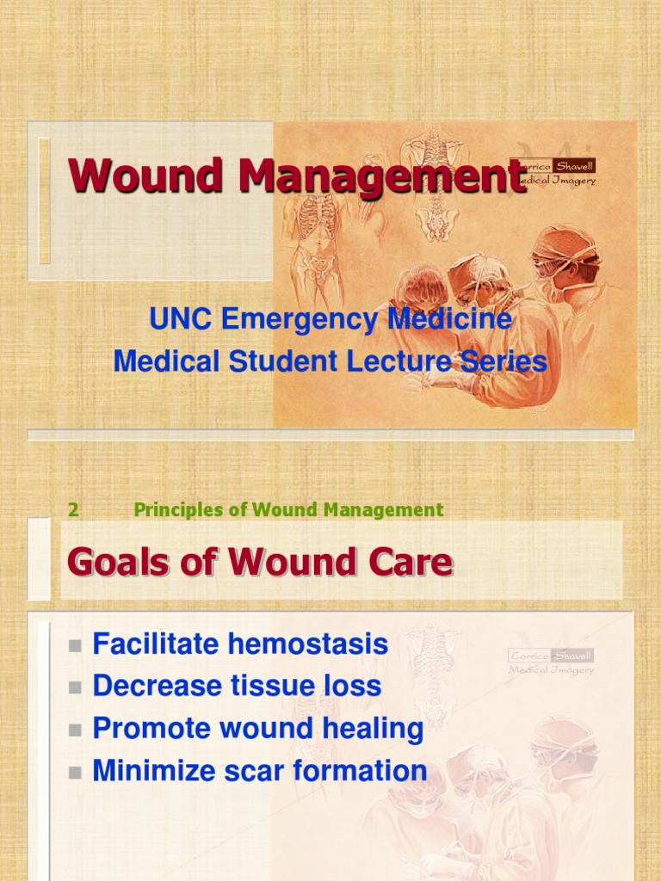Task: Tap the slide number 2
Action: pyautogui.click(x=74, y=510)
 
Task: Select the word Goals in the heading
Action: pyautogui.click(x=115, y=563)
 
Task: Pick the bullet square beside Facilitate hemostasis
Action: pyautogui.click(x=75, y=645)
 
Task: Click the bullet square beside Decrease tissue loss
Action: pyautogui.click(x=75, y=687)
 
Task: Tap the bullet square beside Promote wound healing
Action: pyautogui.click(x=75, y=730)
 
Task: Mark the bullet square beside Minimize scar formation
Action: pyautogui.click(x=75, y=773)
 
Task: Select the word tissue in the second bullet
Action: pyautogui.click(x=274, y=686)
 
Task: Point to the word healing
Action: pyautogui.click(x=374, y=729)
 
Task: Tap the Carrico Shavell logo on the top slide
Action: pyautogui.click(x=553, y=172)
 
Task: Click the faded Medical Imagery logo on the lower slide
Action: pyautogui.click(x=551, y=662)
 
